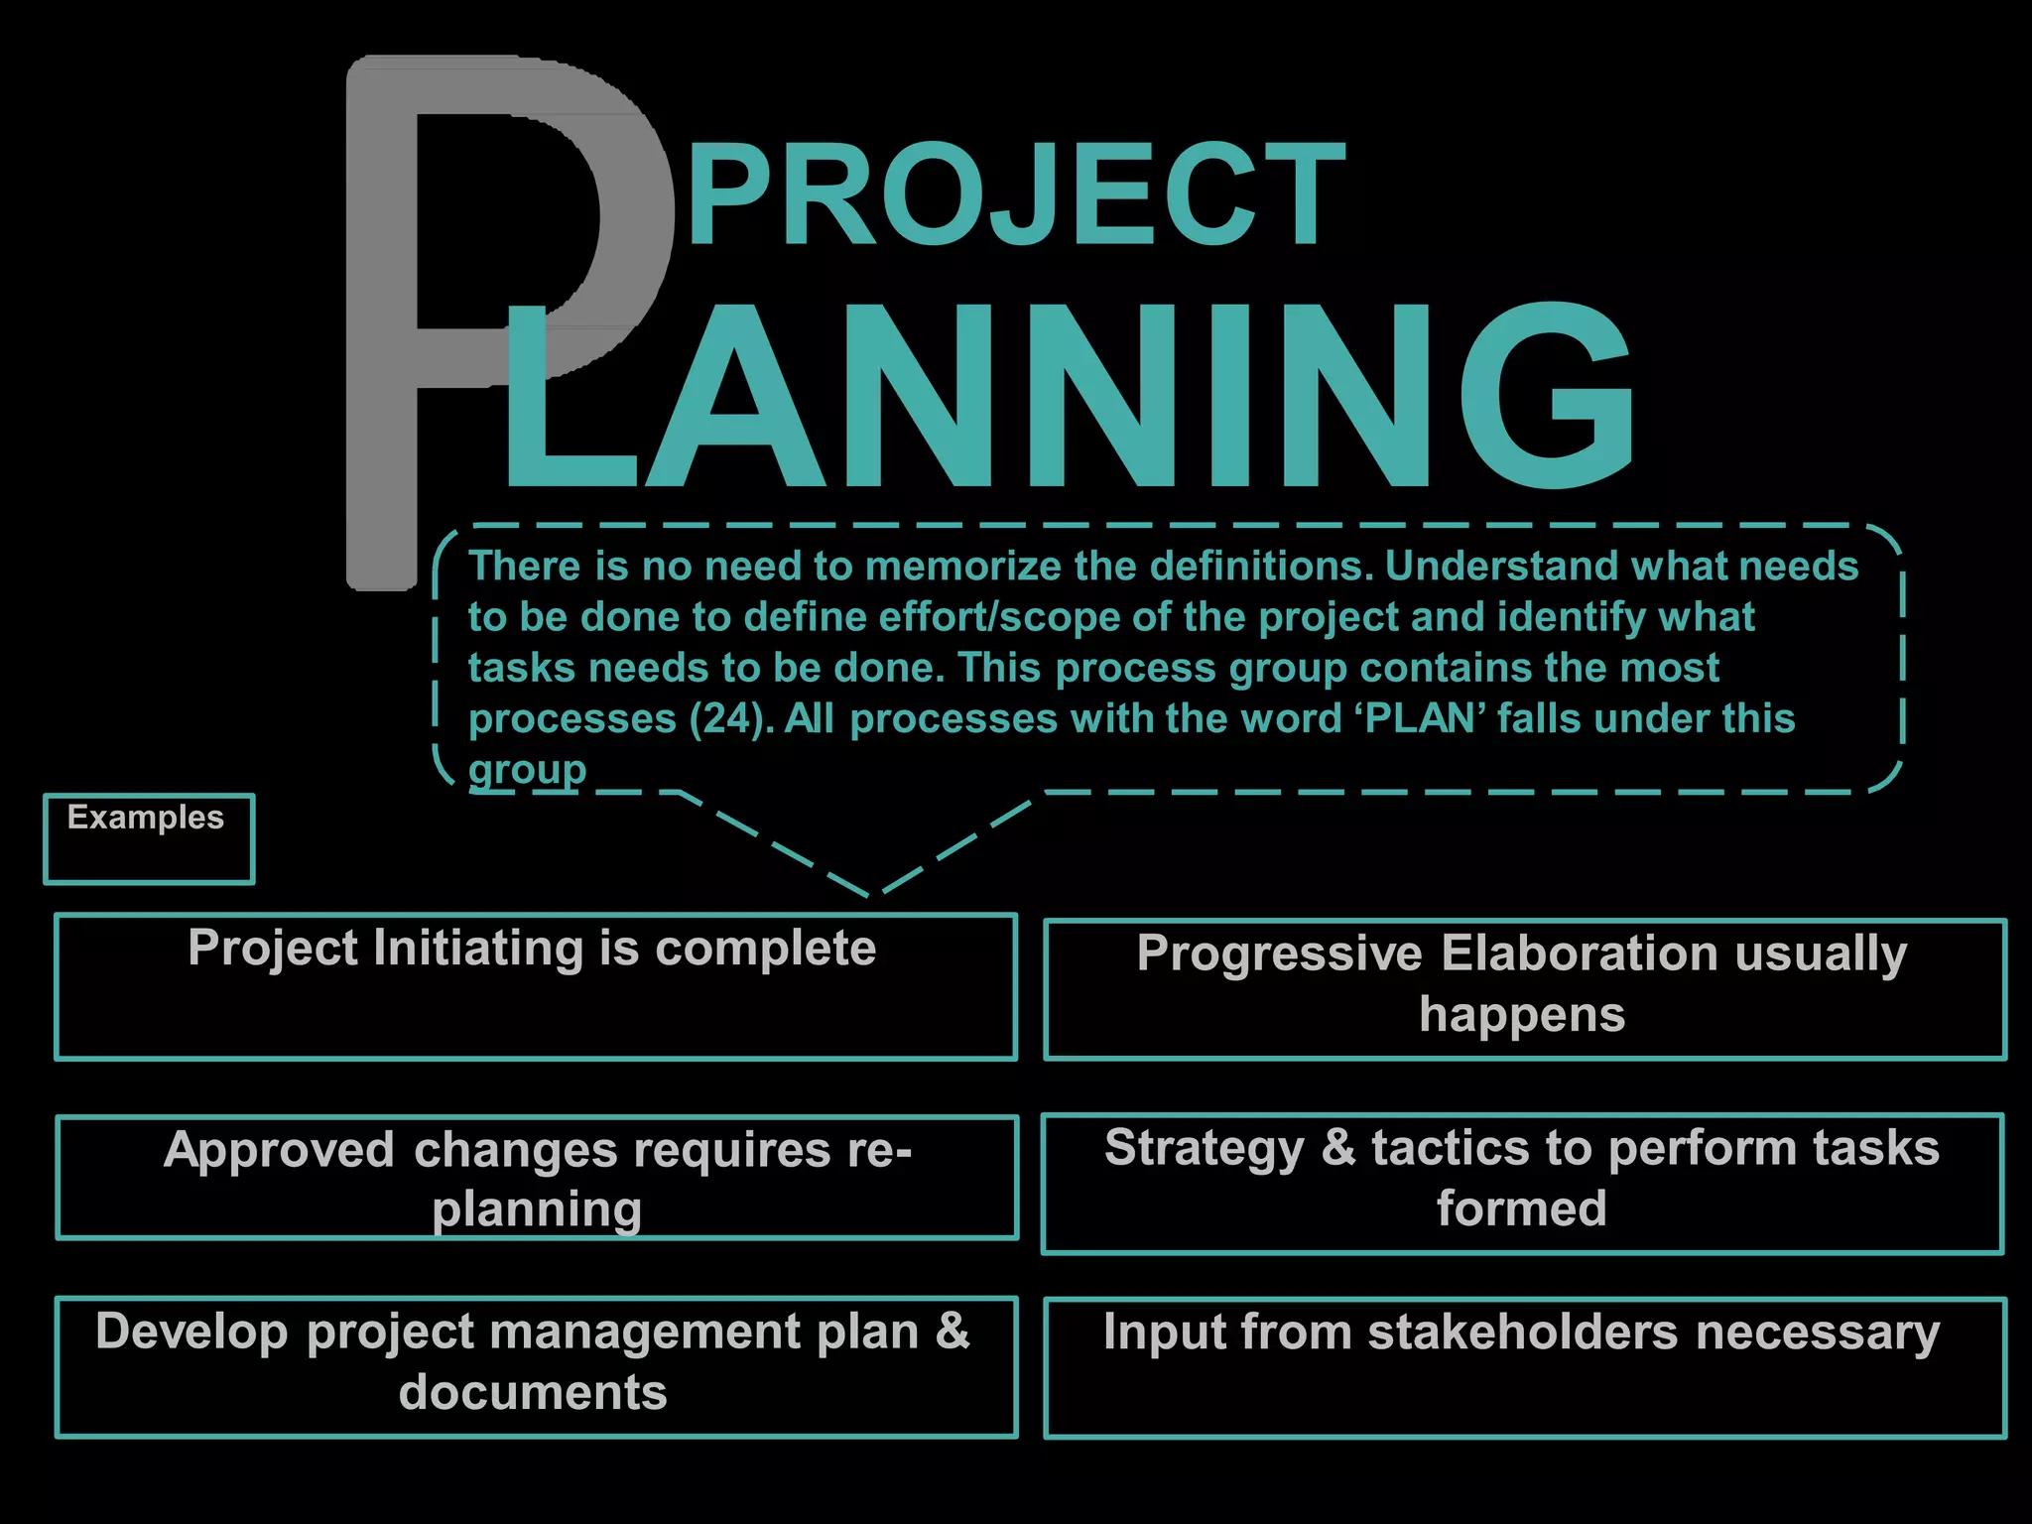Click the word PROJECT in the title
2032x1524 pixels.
(x=1014, y=194)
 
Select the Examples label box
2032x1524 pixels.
(x=149, y=837)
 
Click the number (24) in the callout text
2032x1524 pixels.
(x=730, y=718)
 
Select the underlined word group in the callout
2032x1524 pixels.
(x=527, y=770)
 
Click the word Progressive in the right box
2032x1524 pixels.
(x=1279, y=953)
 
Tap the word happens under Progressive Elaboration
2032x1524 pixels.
(x=1522, y=1015)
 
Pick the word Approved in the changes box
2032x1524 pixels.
(x=279, y=1151)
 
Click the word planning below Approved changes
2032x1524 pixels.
(x=537, y=1209)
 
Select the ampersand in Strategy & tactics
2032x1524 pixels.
(x=1337, y=1148)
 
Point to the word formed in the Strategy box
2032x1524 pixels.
(x=1521, y=1208)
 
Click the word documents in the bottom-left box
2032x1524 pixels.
(x=533, y=1392)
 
